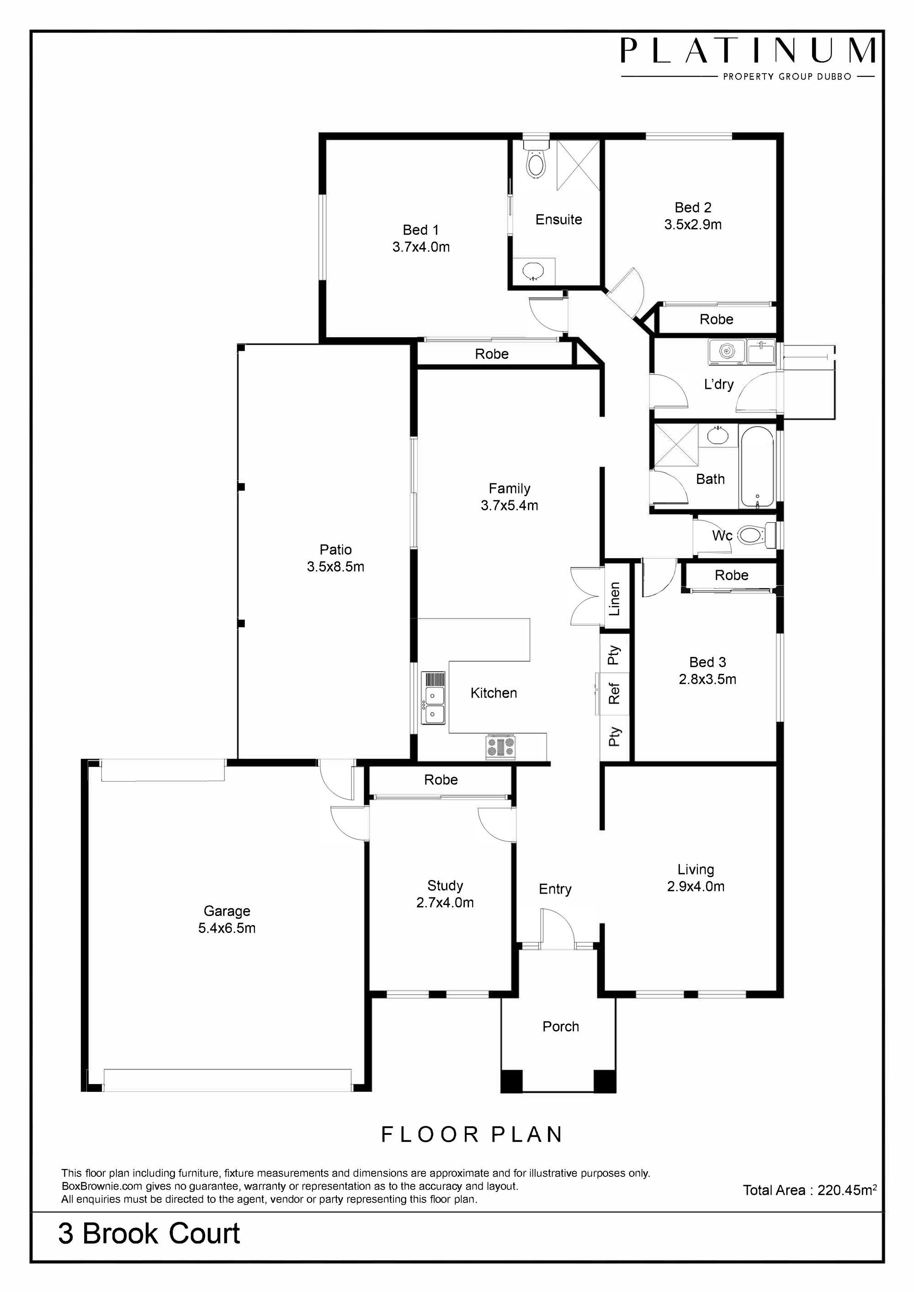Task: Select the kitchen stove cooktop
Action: [x=500, y=747]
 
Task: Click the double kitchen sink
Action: [x=434, y=698]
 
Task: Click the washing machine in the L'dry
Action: [x=727, y=352]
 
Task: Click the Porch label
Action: [x=561, y=1027]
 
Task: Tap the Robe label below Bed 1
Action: [x=491, y=354]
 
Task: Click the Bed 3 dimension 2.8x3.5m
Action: [x=707, y=679]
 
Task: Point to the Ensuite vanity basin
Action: [x=532, y=271]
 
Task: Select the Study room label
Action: [x=445, y=886]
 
